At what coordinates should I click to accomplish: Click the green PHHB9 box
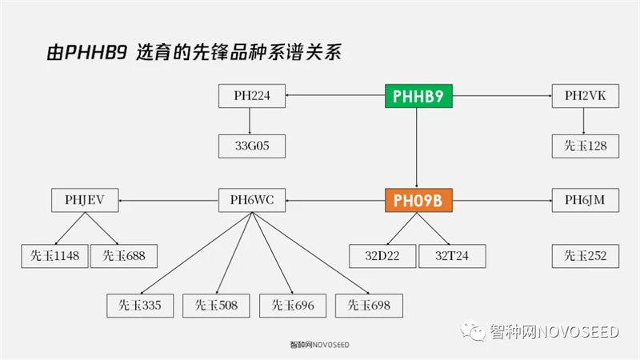tap(418, 97)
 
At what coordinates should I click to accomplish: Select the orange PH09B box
tap(418, 200)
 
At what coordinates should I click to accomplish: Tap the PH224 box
tap(251, 97)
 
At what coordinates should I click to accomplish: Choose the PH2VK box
tap(585, 97)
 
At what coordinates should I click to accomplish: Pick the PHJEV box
tap(85, 200)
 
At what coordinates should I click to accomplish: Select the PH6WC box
tap(251, 200)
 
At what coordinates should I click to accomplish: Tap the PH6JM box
tap(585, 200)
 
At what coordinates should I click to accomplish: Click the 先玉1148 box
tap(54, 256)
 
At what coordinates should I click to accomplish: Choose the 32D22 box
tap(383, 256)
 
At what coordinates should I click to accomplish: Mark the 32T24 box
tap(452, 256)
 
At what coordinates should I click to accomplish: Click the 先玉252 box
tap(585, 256)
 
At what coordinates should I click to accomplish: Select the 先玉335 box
tap(140, 305)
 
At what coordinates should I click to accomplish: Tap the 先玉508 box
tap(216, 305)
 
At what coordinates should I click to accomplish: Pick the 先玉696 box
tap(293, 305)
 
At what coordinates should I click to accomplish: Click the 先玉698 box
tap(369, 305)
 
